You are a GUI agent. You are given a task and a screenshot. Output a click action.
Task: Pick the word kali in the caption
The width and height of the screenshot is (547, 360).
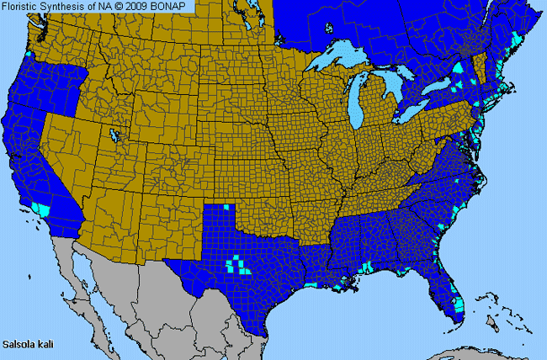point(45,344)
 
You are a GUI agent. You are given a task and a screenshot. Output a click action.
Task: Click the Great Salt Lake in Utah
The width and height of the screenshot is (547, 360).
point(113,134)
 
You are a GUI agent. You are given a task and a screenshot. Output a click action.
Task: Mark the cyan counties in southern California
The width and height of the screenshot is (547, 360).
point(42,207)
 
